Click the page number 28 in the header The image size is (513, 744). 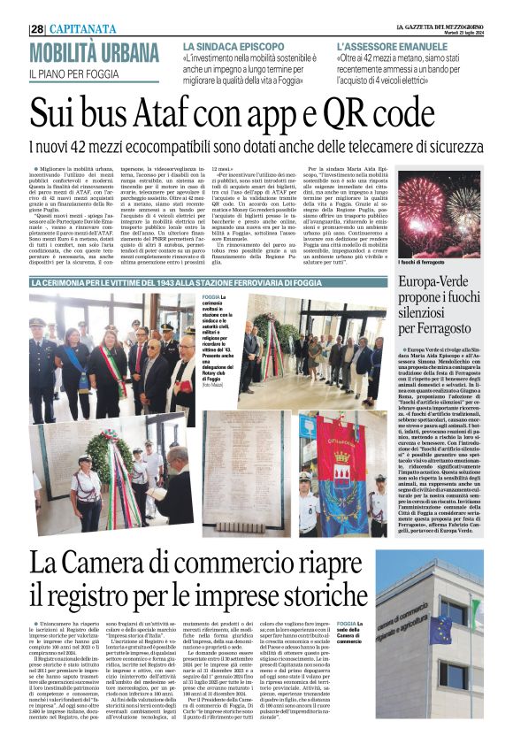[38, 28]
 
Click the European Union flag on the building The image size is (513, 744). [440, 627]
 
